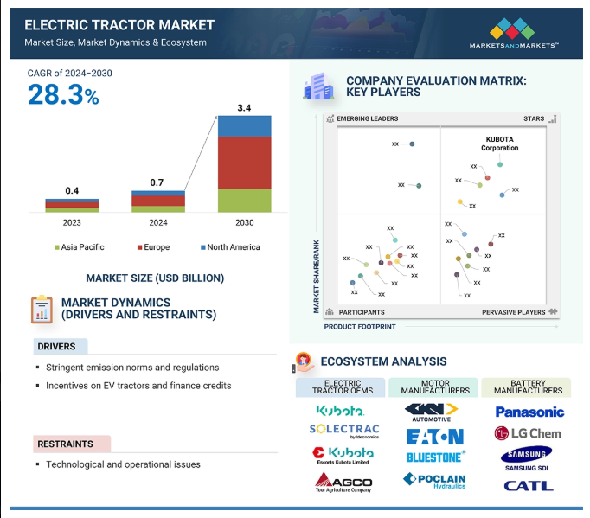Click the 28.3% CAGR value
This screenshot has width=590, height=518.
[x=63, y=95]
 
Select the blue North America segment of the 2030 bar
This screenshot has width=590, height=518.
[x=244, y=126]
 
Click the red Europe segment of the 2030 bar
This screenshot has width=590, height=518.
[x=244, y=163]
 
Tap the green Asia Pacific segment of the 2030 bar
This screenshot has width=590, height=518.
[x=244, y=201]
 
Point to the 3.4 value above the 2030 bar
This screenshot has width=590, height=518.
[x=244, y=108]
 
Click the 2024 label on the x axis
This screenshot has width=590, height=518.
[x=157, y=222]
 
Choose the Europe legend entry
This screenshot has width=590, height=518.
[x=152, y=247]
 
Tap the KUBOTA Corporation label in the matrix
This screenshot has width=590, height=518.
[x=500, y=143]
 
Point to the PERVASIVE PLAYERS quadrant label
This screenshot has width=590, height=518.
[x=514, y=312]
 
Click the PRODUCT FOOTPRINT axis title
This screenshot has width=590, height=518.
[x=360, y=327]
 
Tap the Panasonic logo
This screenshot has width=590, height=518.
[x=529, y=412]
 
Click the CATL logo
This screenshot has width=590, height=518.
[x=528, y=485]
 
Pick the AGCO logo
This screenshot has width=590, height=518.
[x=343, y=483]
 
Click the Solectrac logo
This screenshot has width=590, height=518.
[x=343, y=430]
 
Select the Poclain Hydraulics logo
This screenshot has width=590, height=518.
[x=434, y=480]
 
